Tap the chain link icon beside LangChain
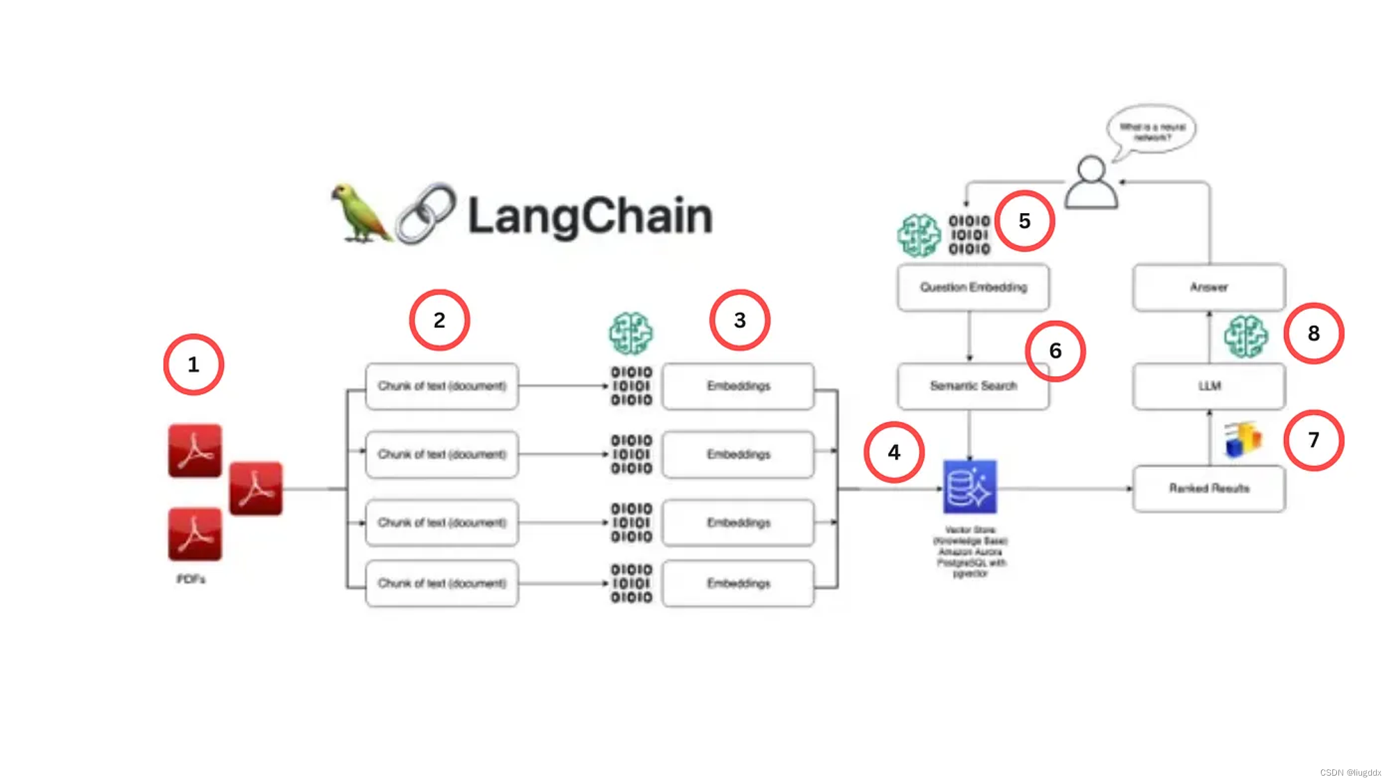click(425, 214)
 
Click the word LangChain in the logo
click(590, 216)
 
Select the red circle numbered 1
click(193, 365)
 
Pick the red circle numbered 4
click(894, 453)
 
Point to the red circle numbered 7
click(1313, 440)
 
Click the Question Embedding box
click(973, 288)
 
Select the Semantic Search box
click(973, 386)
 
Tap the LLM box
click(1209, 386)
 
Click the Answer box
click(1209, 288)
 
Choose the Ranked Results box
click(1209, 489)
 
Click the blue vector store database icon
click(970, 487)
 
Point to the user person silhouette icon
click(1091, 183)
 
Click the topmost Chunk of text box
click(442, 386)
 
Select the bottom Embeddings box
click(738, 583)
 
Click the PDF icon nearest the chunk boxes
click(256, 489)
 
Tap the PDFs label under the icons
click(191, 579)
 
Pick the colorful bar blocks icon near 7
click(1243, 439)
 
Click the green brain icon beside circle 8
click(1246, 337)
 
